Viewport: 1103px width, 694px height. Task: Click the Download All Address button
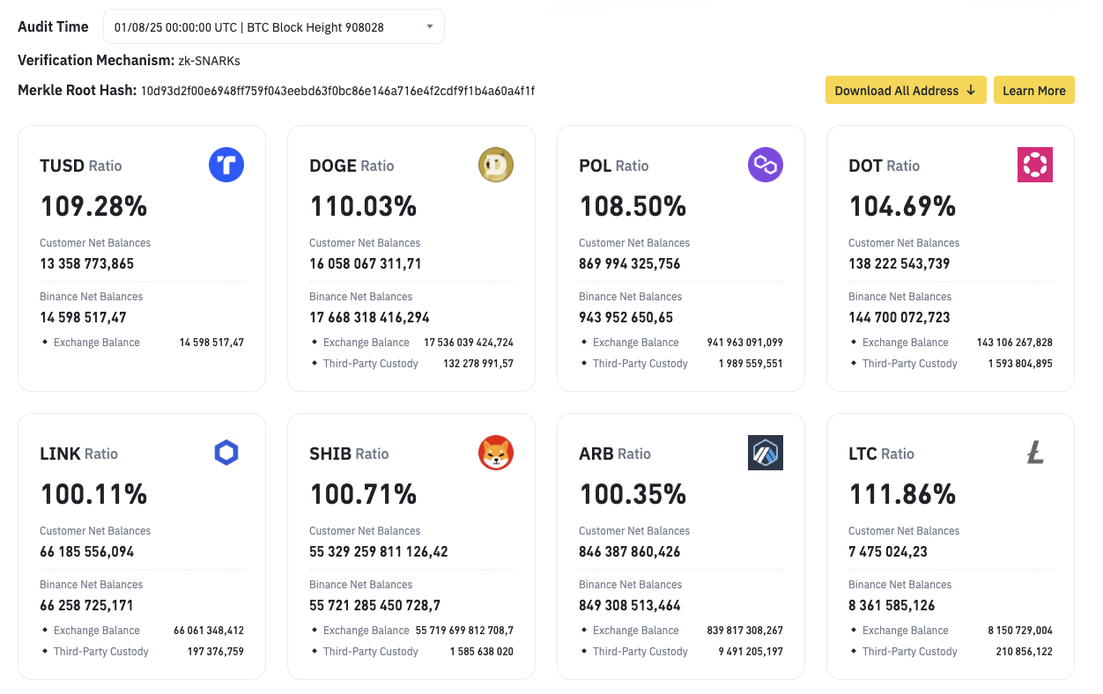[x=905, y=90]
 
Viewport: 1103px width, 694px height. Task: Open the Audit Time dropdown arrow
[x=430, y=26]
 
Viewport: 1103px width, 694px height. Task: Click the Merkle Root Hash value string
[x=337, y=91]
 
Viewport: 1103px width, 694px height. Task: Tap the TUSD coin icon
[x=226, y=165]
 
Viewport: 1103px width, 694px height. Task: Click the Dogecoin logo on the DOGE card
[x=496, y=165]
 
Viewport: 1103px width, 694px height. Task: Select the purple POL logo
[x=766, y=165]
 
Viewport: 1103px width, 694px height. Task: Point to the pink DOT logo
[x=1035, y=165]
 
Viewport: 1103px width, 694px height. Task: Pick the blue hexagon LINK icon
[x=226, y=453]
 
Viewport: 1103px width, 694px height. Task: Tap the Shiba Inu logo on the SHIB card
[x=496, y=453]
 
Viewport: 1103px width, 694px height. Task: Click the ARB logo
[x=766, y=453]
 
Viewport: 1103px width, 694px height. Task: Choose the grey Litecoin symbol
[x=1035, y=453]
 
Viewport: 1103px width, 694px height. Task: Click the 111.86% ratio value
[x=902, y=495]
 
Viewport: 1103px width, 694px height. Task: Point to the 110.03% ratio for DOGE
[x=363, y=207]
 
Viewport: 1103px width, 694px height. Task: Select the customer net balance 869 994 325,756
[x=629, y=263]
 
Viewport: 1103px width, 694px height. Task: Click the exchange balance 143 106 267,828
[x=1014, y=343]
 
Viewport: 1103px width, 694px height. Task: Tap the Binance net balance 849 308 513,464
[x=629, y=606]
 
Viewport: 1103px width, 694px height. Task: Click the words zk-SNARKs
[x=210, y=61]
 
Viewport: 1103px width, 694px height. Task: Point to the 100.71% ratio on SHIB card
[x=363, y=495]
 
